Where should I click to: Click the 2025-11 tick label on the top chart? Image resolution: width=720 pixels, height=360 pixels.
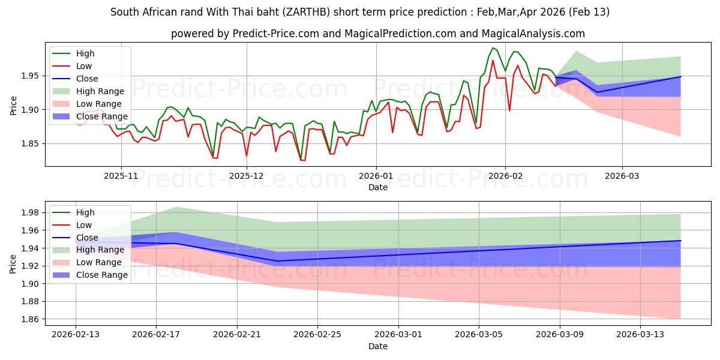(x=121, y=176)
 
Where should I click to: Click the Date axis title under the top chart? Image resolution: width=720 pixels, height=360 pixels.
(x=378, y=187)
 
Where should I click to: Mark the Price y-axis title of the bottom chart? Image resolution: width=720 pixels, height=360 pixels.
(x=13, y=264)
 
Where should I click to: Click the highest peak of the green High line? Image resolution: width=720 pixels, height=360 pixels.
(x=493, y=48)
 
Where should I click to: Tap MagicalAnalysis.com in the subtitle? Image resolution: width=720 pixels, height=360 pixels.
(x=535, y=34)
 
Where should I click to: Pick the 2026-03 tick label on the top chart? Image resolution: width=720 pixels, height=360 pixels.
(x=622, y=176)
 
